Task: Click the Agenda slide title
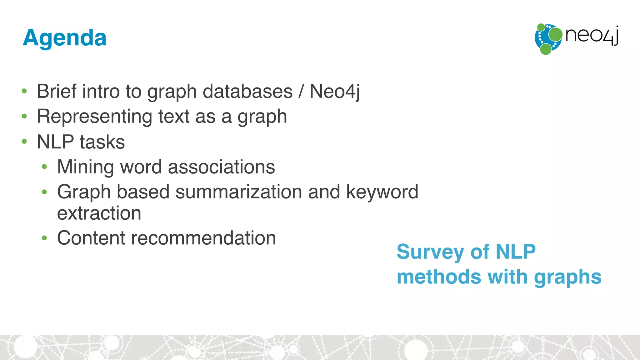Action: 65,38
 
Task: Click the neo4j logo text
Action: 592,35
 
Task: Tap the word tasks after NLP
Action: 102,142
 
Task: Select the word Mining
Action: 85,167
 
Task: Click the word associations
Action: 221,167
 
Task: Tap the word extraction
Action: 99,213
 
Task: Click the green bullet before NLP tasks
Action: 24,142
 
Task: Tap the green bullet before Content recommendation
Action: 44,238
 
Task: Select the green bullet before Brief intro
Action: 24,91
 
